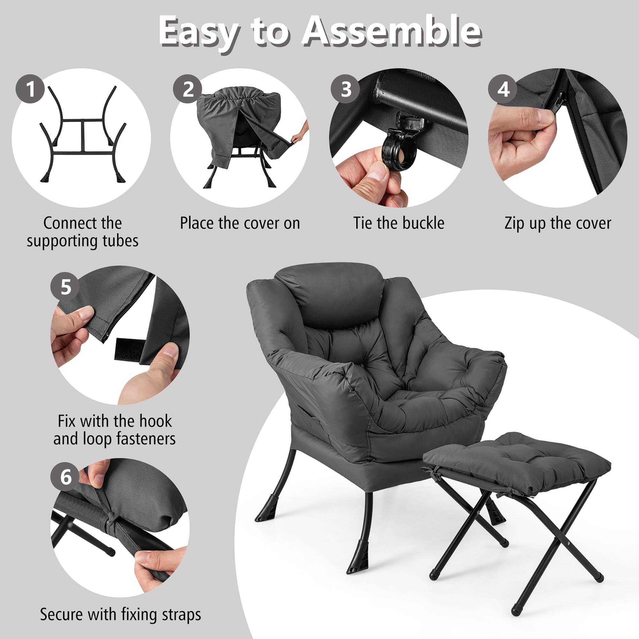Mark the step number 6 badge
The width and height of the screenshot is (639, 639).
(x=65, y=477)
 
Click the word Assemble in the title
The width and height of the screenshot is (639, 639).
(x=392, y=32)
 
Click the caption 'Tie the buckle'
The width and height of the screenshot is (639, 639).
(x=398, y=223)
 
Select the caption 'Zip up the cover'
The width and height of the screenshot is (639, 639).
(x=558, y=223)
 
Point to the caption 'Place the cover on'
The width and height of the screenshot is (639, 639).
(x=240, y=223)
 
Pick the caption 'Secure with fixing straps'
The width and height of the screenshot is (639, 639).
(x=120, y=614)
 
